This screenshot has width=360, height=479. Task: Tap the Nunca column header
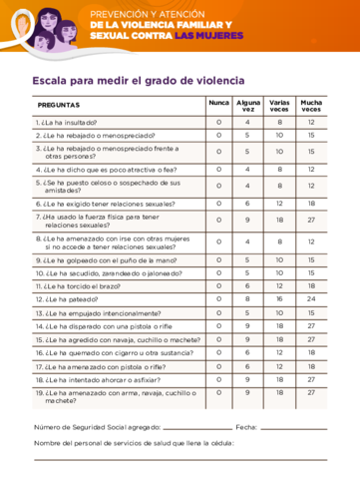tap(218, 103)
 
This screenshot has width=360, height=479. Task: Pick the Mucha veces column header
tap(311, 105)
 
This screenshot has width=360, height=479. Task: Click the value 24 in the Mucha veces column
tap(311, 298)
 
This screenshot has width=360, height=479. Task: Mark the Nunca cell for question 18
tap(218, 379)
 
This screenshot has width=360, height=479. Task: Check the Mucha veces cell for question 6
tap(311, 204)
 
